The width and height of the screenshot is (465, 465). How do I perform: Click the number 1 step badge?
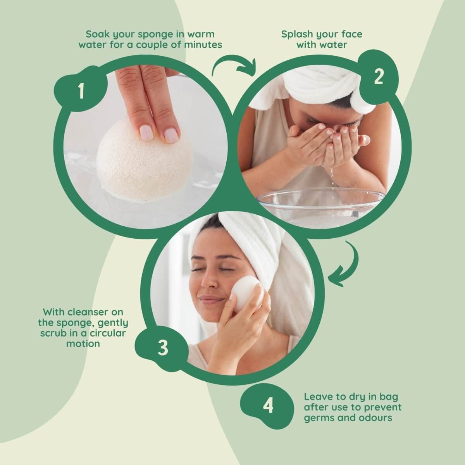point(81,91)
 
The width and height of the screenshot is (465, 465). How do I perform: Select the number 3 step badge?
point(162,348)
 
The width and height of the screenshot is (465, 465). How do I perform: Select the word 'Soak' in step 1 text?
point(97,34)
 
